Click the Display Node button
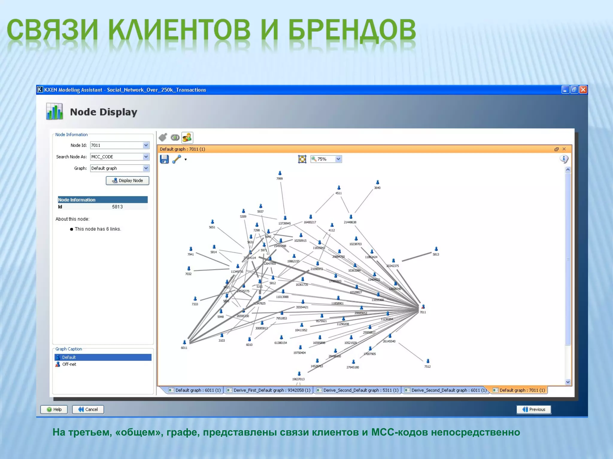[x=128, y=180]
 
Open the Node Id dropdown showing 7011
[x=146, y=145]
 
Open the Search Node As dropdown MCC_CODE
[x=146, y=157]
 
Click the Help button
[x=54, y=409]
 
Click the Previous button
[x=534, y=409]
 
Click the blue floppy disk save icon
[x=164, y=159]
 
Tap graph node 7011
[x=423, y=307]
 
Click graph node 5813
[x=436, y=249]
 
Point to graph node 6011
[x=184, y=342]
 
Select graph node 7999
[x=280, y=173]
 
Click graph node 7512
[x=428, y=361]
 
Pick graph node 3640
[x=377, y=182]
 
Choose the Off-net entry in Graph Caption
[x=69, y=364]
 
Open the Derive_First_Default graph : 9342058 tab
[x=269, y=390]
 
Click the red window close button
[x=583, y=90]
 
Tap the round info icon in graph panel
[x=564, y=159]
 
